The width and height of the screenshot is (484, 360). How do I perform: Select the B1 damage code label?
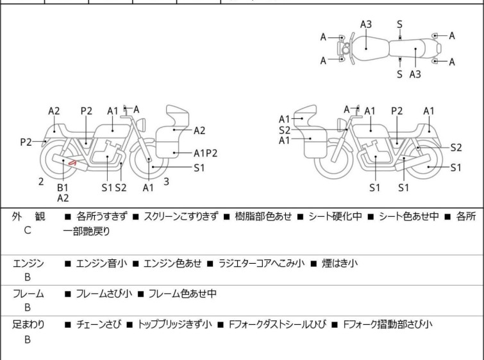coord(63,187)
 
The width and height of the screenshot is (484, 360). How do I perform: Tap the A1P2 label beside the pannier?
coord(206,153)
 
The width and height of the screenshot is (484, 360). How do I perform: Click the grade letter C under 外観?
coord(28,230)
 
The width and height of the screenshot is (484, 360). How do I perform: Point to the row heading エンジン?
coord(28,263)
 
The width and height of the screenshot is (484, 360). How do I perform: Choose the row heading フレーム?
coord(28,294)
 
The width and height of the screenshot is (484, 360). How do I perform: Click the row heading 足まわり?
coord(28,325)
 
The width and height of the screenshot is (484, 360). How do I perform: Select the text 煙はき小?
coord(340,263)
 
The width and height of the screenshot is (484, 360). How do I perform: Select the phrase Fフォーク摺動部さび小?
coord(388,325)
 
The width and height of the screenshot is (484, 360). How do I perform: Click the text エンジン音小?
coord(101,263)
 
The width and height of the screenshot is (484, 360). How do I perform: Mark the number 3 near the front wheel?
coord(166,182)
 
